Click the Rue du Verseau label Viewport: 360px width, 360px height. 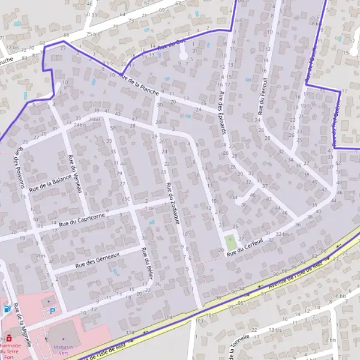click(74, 173)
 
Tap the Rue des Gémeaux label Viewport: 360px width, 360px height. click(98, 259)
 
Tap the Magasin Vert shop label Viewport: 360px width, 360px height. click(62, 349)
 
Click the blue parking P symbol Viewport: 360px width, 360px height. click(52, 311)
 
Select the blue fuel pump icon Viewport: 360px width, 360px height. click(7, 310)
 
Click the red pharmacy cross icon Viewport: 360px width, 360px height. click(8, 337)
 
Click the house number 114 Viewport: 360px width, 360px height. click(130, 332)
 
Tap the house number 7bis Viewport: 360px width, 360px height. click(41, 256)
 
